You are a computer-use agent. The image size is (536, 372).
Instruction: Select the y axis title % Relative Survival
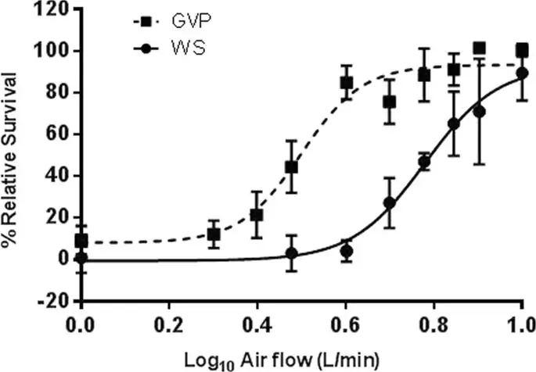[14, 155]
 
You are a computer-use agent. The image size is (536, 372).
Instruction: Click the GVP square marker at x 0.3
[214, 234]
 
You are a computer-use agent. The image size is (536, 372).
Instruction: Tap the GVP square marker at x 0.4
[257, 215]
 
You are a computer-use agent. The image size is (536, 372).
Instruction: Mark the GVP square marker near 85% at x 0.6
[346, 82]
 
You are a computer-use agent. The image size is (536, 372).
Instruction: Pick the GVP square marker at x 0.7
[390, 102]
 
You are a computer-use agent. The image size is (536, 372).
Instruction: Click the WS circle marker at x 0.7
[390, 203]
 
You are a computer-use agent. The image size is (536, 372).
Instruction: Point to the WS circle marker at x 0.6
[346, 251]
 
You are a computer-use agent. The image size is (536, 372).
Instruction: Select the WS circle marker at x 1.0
[522, 73]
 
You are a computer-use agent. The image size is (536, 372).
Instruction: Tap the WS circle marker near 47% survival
[425, 162]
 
